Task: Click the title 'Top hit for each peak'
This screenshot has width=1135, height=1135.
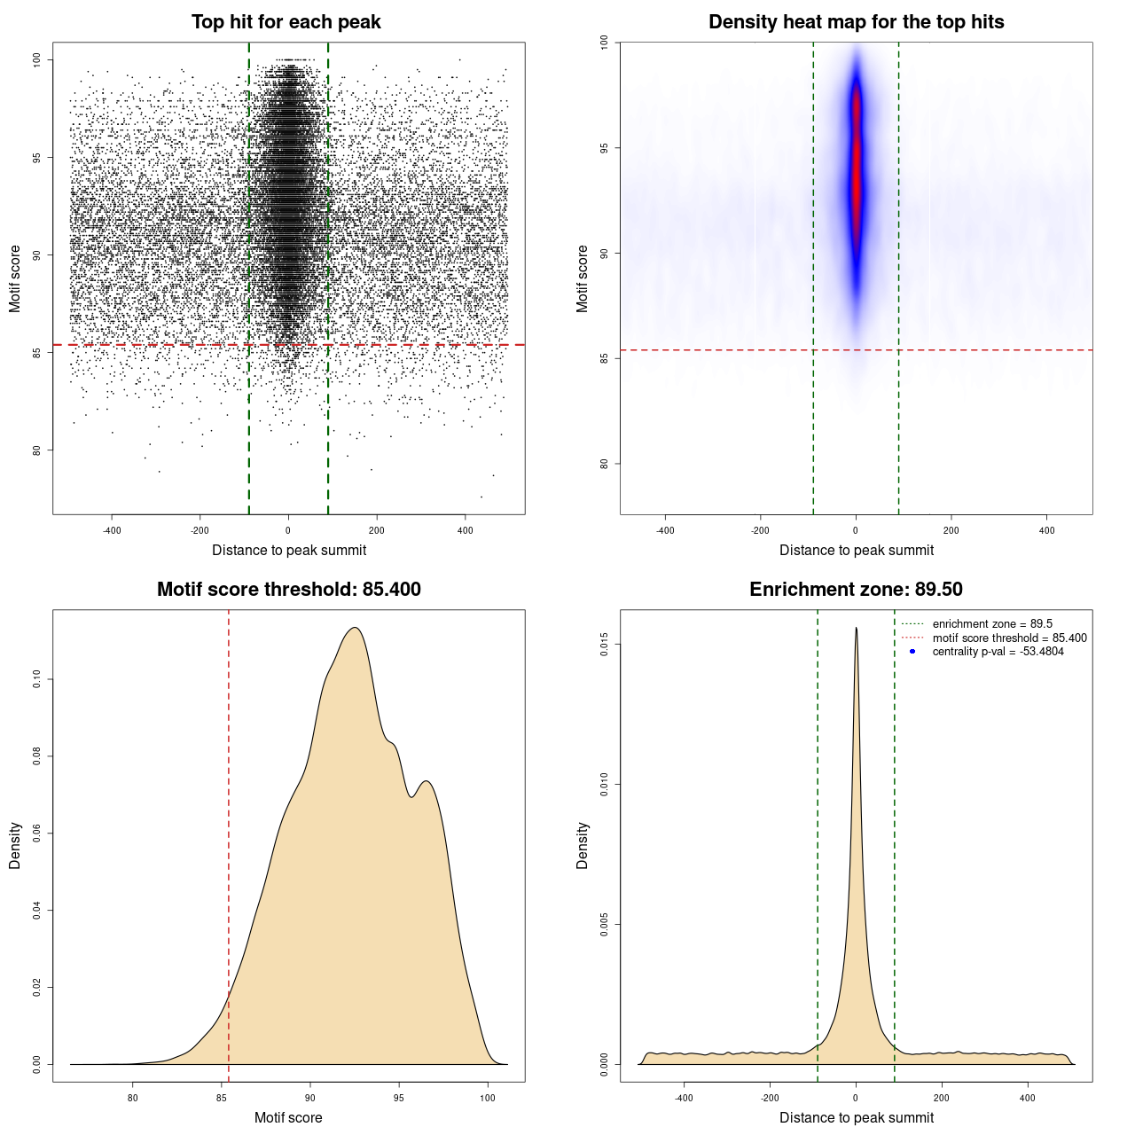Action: pyautogui.click(x=286, y=22)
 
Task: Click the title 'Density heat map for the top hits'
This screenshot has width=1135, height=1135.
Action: pyautogui.click(x=856, y=22)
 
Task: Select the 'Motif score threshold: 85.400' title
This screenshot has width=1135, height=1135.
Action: pyautogui.click(x=288, y=590)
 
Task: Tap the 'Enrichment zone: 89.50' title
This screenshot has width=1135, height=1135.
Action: pyautogui.click(x=856, y=590)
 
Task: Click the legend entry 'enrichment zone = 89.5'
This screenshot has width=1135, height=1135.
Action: pyautogui.click(x=992, y=624)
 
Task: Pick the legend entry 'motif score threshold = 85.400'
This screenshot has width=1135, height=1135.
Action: pyautogui.click(x=1009, y=638)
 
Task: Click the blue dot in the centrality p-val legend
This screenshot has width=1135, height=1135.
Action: pyautogui.click(x=912, y=652)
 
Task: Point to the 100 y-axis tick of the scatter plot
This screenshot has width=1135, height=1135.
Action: pyautogui.click(x=37, y=59)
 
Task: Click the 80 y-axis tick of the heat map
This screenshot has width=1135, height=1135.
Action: pyautogui.click(x=605, y=463)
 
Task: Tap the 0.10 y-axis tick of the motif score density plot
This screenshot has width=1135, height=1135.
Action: pyautogui.click(x=37, y=679)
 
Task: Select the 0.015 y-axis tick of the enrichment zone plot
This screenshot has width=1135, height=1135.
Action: pyautogui.click(x=605, y=644)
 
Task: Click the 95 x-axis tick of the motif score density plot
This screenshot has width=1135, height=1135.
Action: pyautogui.click(x=399, y=1098)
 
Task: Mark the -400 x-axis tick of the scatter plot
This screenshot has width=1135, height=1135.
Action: pyautogui.click(x=112, y=530)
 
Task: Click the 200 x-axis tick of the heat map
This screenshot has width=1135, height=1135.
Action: pyautogui.click(x=951, y=530)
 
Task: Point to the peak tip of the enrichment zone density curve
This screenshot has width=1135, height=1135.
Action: pyautogui.click(x=856, y=628)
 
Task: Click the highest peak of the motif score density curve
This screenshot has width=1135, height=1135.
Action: pyautogui.click(x=355, y=628)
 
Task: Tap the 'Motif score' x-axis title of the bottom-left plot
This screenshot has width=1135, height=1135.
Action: pyautogui.click(x=288, y=1117)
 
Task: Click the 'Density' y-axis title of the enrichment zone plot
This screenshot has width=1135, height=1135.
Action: pyautogui.click(x=583, y=845)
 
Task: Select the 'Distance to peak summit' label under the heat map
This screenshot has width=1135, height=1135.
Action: pyautogui.click(x=856, y=550)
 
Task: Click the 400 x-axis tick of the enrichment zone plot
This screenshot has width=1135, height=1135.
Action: pyautogui.click(x=1028, y=1098)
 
